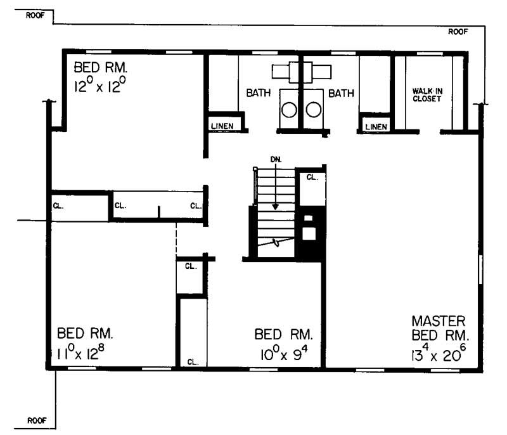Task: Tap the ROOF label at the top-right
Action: pos(458,31)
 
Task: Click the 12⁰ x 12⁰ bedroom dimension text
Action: pos(106,86)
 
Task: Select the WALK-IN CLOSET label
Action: pos(428,94)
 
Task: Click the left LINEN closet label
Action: pos(222,126)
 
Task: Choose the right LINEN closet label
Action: pos(376,127)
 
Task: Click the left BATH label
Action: pos(259,93)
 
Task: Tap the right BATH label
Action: pos(340,93)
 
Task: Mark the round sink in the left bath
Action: pos(290,110)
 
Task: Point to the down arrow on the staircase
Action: pos(276,190)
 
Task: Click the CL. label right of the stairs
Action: pos(311,178)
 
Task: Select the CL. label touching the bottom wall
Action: pos(193,362)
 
